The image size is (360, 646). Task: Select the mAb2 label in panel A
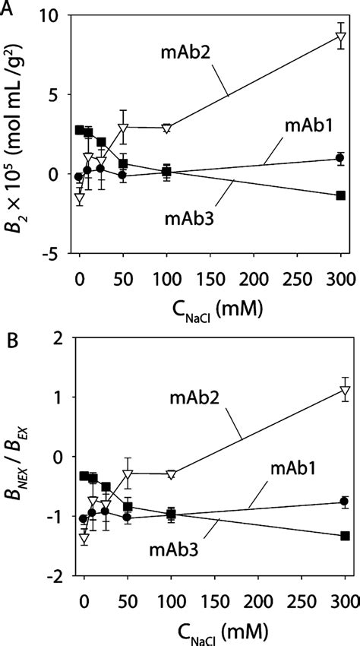click(185, 52)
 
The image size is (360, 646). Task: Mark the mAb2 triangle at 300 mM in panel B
click(345, 392)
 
